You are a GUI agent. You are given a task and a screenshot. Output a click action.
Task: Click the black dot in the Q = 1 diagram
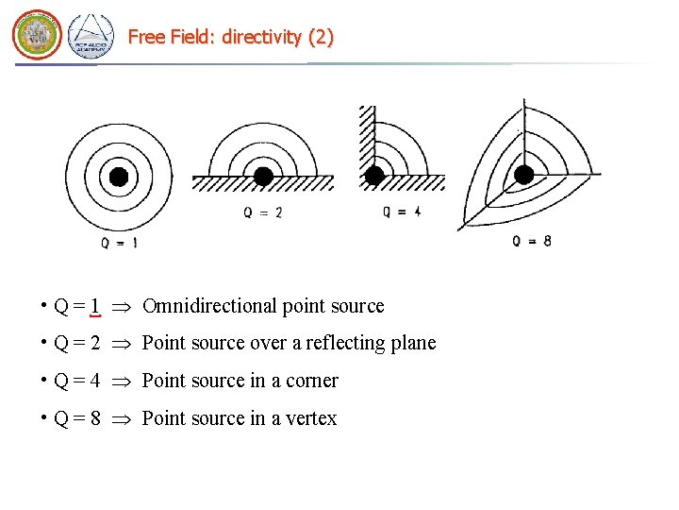tap(119, 176)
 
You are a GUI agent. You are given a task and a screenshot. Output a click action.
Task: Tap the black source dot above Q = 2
tap(264, 176)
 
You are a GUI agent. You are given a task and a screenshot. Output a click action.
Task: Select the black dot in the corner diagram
tap(374, 175)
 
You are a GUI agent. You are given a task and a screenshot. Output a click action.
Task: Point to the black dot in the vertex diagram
tap(524, 174)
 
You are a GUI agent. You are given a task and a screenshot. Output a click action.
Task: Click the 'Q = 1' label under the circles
tap(119, 243)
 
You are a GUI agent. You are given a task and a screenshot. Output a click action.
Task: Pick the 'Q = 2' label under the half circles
tap(263, 213)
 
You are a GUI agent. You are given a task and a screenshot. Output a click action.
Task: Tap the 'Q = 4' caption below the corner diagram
tap(402, 212)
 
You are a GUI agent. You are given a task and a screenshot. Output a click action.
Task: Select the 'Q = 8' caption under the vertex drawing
tap(532, 241)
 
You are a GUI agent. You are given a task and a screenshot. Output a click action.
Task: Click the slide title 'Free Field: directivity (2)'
tap(230, 37)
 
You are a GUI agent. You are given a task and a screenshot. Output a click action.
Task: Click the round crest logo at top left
tap(37, 36)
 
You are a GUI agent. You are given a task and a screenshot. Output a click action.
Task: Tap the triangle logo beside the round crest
tap(91, 37)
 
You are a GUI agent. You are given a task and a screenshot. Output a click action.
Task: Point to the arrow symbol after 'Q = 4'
tap(121, 382)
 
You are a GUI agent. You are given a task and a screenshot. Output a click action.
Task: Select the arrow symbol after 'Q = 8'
tap(121, 419)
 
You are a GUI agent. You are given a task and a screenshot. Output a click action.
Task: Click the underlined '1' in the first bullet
tap(96, 307)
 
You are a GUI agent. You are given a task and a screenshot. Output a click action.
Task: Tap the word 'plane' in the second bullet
tap(414, 343)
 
